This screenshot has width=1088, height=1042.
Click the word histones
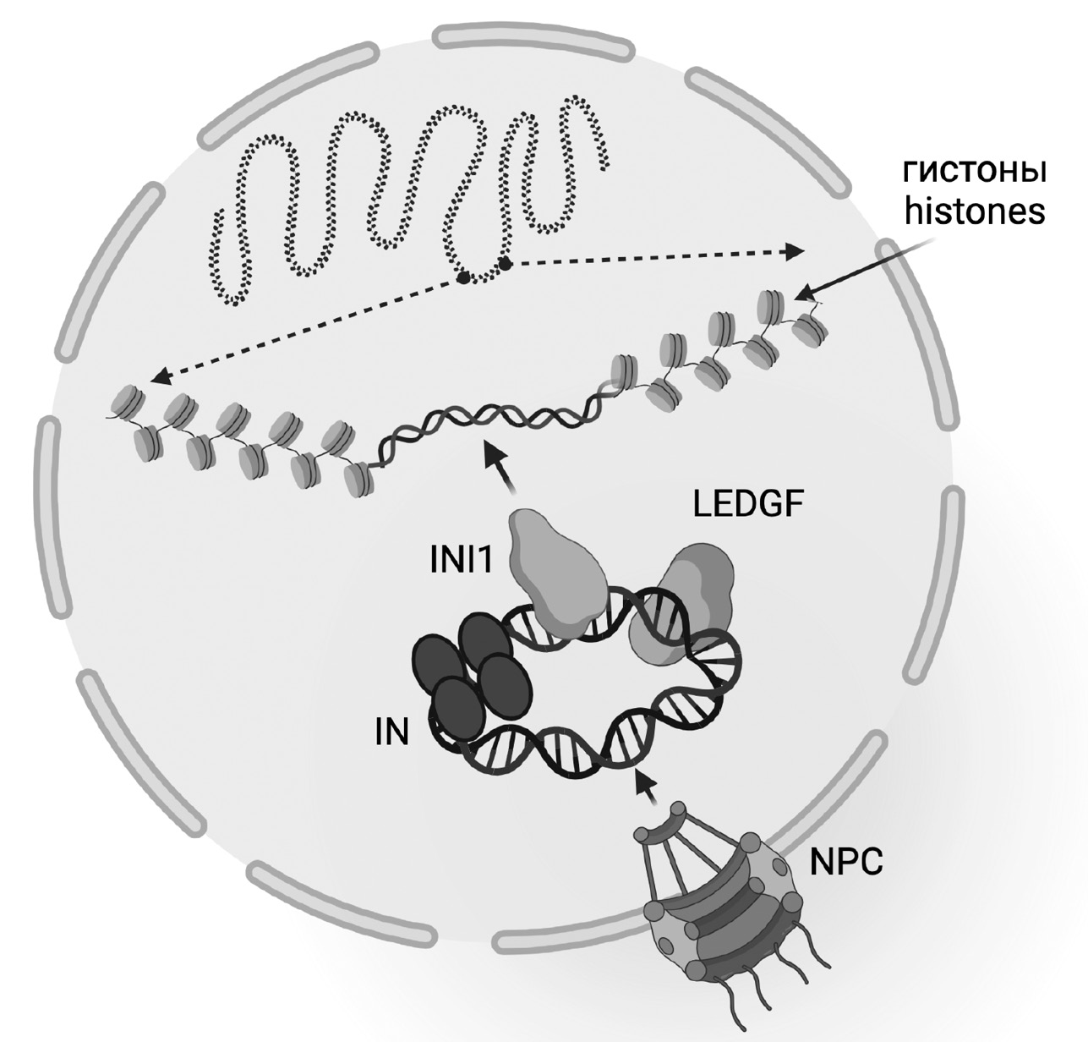point(975,211)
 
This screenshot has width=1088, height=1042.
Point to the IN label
point(391,732)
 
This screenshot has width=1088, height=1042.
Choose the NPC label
point(846,864)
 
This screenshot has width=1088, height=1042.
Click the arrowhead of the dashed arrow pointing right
point(794,250)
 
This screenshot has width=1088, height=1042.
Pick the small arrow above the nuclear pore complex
point(646,786)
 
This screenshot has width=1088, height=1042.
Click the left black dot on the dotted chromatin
point(463,277)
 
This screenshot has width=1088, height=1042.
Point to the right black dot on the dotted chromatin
point(506,264)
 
